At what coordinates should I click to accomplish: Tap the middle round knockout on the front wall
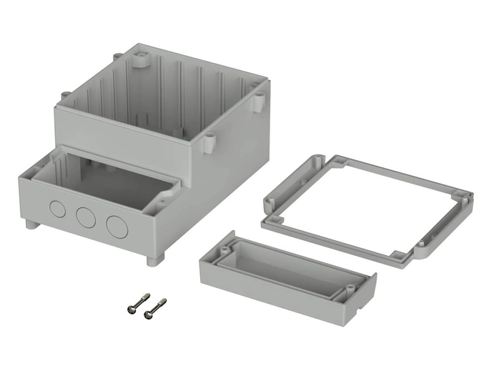[x=85, y=217]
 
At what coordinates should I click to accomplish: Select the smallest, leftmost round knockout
[x=56, y=209]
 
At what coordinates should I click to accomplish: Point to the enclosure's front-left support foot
[x=31, y=224]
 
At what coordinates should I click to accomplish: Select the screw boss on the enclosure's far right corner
[x=259, y=102]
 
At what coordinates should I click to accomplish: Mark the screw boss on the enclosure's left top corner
[x=64, y=96]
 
